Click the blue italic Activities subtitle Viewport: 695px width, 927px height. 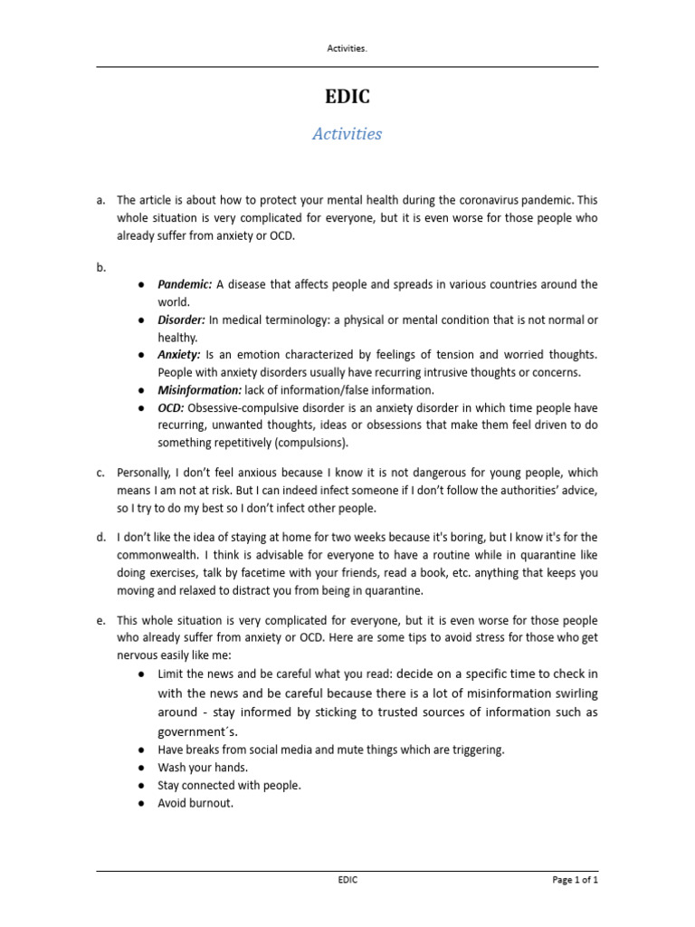(347, 134)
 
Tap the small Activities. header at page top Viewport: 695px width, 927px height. (347, 49)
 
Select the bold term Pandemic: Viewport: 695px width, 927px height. (185, 284)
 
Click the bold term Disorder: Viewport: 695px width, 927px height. (181, 320)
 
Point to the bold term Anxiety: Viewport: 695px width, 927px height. (179, 355)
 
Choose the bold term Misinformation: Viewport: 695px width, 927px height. (200, 390)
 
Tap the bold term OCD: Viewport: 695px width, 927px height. (171, 408)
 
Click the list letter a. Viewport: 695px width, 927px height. (100, 200)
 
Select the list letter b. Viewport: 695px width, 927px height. (100, 267)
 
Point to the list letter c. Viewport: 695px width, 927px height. (100, 473)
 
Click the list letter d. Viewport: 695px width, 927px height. (100, 538)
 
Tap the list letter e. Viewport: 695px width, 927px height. (100, 620)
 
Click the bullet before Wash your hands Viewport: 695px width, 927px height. (142, 768)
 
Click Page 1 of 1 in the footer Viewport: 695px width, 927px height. (576, 880)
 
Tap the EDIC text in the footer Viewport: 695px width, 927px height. (347, 880)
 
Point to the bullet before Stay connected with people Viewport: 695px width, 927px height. (142, 785)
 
